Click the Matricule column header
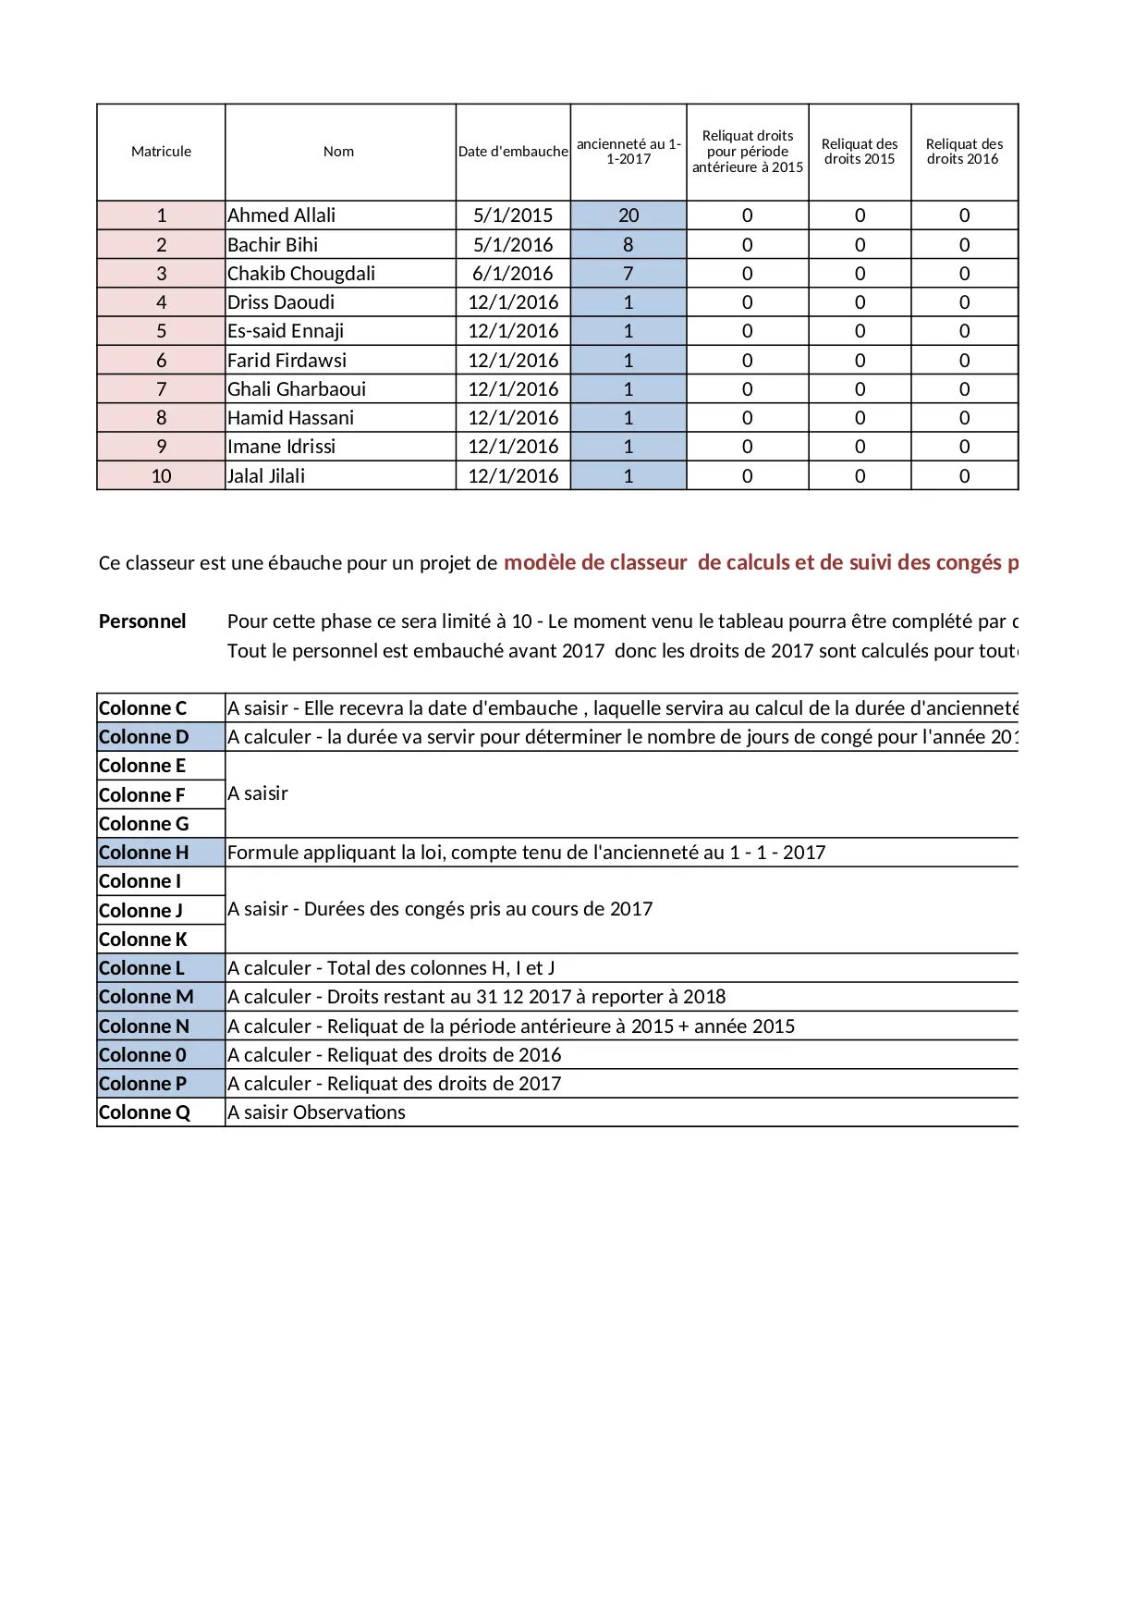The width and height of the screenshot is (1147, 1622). [161, 152]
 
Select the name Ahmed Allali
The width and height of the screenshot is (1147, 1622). [281, 215]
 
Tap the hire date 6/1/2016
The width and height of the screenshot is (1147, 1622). [513, 274]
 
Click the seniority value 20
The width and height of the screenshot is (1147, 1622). [628, 215]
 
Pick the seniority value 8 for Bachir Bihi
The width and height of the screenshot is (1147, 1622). [628, 245]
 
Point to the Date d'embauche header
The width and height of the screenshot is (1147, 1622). [513, 152]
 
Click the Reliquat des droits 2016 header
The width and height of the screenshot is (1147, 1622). [964, 152]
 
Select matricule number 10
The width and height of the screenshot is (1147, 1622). [161, 476]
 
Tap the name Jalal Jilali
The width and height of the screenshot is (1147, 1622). [266, 476]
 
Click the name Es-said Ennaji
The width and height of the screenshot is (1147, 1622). [286, 331]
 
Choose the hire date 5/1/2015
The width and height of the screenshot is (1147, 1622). [513, 215]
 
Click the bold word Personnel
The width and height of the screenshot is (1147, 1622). [142, 621]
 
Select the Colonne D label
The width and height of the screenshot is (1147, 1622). [143, 737]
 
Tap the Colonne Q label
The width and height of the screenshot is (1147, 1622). [144, 1112]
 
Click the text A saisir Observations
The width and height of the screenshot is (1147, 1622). [316, 1112]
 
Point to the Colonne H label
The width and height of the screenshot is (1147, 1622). [143, 853]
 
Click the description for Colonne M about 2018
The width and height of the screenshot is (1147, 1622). [476, 997]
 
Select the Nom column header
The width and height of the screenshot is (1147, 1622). [338, 152]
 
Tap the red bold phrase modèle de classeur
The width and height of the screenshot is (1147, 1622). [595, 562]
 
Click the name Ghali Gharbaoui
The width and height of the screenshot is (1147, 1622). [297, 389]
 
